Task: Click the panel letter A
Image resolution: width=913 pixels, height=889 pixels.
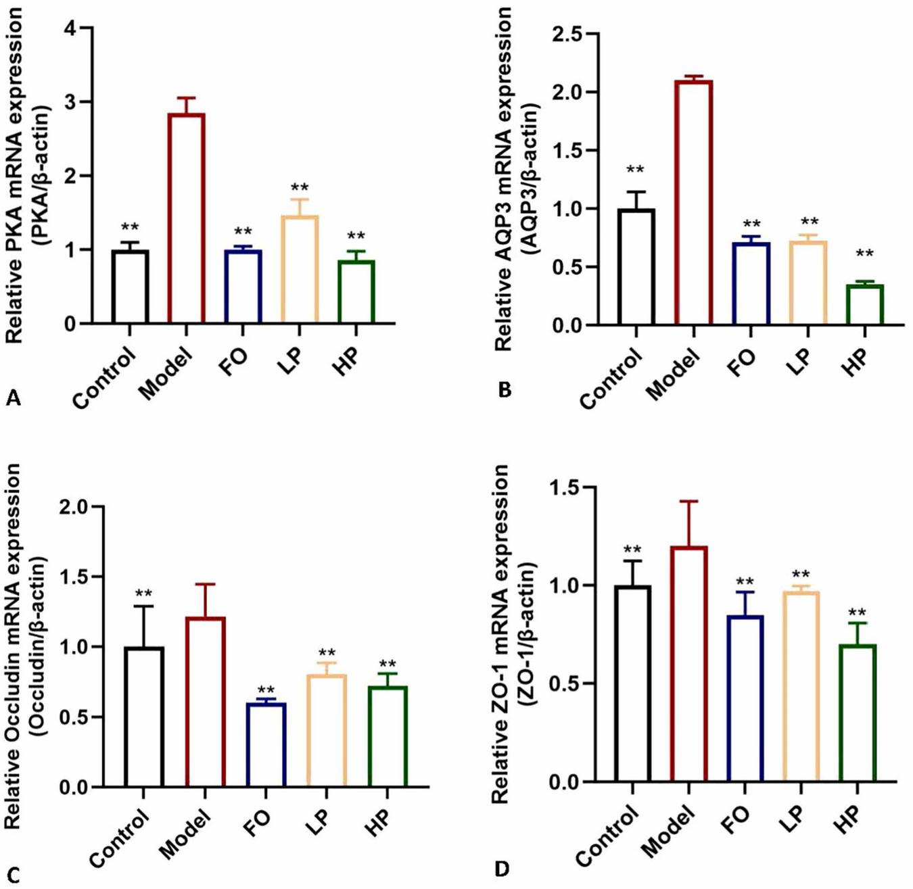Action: (x=13, y=399)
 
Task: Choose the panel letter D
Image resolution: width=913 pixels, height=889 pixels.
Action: (x=502, y=868)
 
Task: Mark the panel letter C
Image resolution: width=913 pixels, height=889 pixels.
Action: (x=13, y=875)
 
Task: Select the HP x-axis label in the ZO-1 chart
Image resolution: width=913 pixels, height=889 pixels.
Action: (x=845, y=824)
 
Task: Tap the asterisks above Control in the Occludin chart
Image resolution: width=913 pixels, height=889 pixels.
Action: (x=143, y=594)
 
